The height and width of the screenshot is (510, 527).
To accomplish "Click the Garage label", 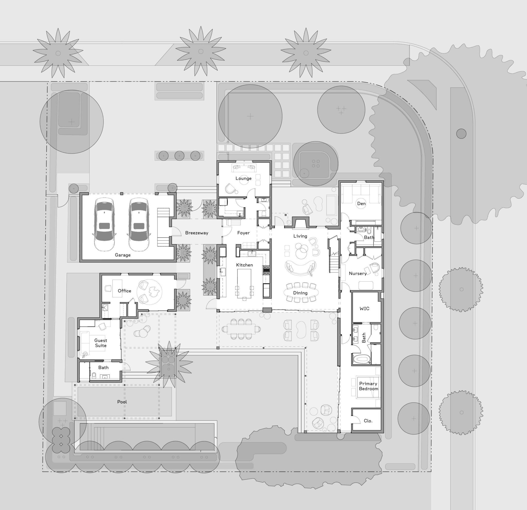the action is (x=122, y=255).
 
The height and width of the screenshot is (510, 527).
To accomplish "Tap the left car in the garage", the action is (x=104, y=224).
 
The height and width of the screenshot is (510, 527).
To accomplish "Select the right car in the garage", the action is (x=139, y=224).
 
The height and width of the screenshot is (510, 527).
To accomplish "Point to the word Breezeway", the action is (x=197, y=233).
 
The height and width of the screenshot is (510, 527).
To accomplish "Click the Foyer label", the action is (x=243, y=233).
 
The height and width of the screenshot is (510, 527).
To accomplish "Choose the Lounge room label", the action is (x=243, y=178).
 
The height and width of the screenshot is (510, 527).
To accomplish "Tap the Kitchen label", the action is (x=244, y=265).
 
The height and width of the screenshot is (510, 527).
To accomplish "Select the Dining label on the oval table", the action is (x=300, y=293).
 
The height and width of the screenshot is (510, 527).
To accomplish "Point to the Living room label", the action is (x=300, y=236).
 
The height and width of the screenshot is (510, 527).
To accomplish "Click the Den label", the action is (x=361, y=204).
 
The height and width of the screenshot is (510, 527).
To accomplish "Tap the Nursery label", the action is (x=358, y=274).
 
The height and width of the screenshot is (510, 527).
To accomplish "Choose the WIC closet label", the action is (x=364, y=308).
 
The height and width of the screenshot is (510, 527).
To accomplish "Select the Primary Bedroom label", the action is (x=368, y=386).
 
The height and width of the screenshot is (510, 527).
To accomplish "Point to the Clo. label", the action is (x=368, y=421).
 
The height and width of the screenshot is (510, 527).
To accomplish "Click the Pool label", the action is (x=122, y=402).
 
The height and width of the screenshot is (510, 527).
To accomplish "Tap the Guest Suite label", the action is (x=101, y=343).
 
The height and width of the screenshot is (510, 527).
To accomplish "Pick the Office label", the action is (x=125, y=291).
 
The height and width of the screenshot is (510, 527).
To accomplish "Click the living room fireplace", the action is (x=300, y=222).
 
